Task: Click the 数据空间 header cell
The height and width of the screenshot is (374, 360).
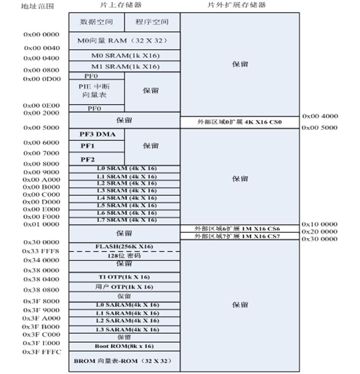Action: [x=96, y=22]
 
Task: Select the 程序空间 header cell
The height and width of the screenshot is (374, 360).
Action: [x=152, y=22]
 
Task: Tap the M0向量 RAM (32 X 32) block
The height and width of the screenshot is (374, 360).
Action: [x=124, y=41]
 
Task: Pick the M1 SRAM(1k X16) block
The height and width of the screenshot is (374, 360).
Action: [x=124, y=66]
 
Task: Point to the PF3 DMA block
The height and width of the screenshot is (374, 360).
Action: [x=97, y=135]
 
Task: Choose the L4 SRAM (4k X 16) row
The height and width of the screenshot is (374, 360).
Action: [x=124, y=198]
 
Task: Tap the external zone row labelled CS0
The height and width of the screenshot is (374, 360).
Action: [x=239, y=123]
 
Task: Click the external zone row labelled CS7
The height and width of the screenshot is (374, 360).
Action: [x=239, y=236]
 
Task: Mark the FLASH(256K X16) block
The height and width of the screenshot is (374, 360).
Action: [x=124, y=246]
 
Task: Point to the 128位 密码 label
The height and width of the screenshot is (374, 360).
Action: [x=124, y=256]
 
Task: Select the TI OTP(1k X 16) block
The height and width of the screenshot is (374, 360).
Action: [x=124, y=277]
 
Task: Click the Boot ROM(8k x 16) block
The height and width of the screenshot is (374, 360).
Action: [x=124, y=346]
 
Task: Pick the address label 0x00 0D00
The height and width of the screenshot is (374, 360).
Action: [x=41, y=79]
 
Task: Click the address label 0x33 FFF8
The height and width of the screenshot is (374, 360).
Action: [x=41, y=251]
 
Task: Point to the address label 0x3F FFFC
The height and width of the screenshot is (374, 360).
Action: [x=41, y=352]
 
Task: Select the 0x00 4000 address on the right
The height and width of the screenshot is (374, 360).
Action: [x=320, y=116]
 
